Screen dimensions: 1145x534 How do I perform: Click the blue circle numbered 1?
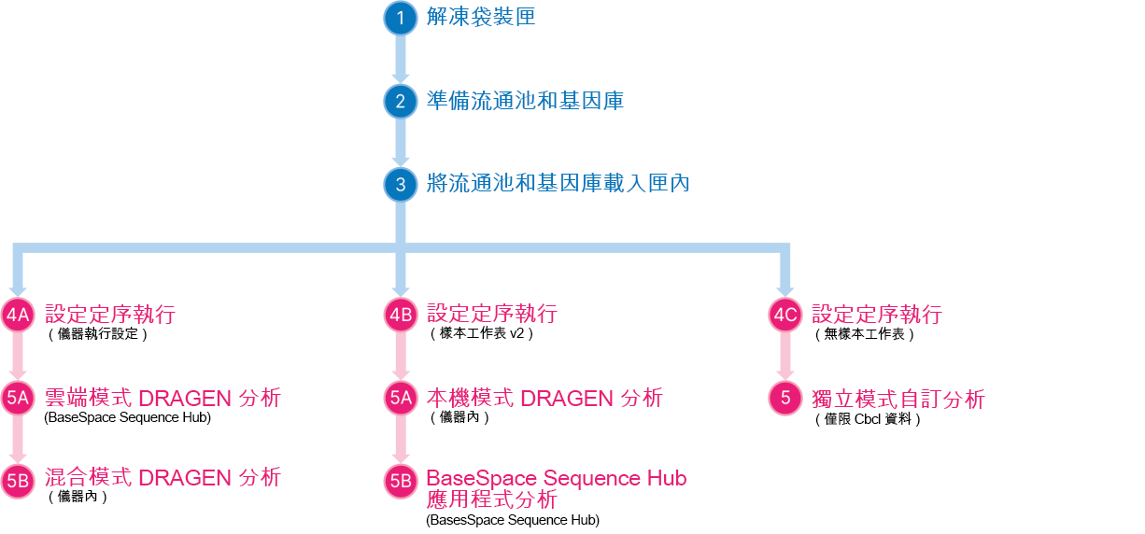[x=401, y=18]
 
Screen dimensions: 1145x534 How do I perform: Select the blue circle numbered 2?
[x=401, y=101]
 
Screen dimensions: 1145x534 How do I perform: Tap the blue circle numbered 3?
[x=401, y=185]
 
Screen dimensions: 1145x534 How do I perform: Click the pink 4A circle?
[x=18, y=315]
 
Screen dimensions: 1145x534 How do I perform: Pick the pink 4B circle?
[x=401, y=315]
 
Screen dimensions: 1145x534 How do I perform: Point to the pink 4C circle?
[x=785, y=315]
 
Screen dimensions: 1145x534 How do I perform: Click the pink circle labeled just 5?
[x=785, y=398]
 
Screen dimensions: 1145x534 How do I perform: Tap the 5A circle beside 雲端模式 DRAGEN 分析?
[x=18, y=398]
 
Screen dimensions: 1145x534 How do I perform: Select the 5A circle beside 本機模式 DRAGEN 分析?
[x=401, y=398]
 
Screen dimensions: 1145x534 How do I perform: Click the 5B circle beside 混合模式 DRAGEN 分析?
[x=18, y=482]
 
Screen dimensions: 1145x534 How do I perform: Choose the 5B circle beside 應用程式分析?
[x=401, y=482]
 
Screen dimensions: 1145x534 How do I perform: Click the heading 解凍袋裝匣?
[x=481, y=17]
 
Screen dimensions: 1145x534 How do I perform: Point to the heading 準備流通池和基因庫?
[x=525, y=101]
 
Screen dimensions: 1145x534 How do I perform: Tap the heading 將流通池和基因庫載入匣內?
[x=558, y=183]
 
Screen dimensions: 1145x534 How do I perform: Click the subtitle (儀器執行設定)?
[x=98, y=334]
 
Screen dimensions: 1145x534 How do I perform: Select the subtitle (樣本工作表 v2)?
[x=482, y=333]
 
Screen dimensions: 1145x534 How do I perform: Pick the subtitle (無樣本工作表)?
[x=865, y=334]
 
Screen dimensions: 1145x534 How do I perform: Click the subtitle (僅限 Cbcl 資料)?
[x=868, y=419]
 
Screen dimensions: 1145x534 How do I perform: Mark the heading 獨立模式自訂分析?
[x=898, y=399]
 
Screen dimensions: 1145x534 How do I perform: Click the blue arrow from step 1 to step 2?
[x=401, y=59]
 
